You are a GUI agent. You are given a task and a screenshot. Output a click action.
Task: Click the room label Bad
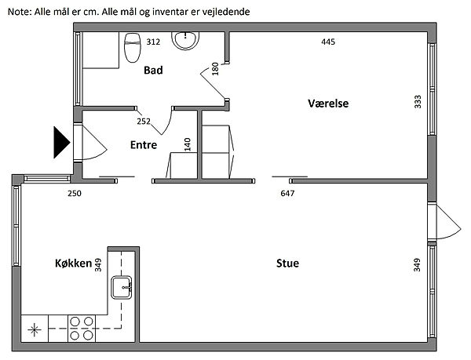point(153,71)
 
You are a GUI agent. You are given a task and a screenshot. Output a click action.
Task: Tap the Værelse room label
point(328,104)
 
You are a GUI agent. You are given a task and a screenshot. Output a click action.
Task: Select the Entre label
point(143,145)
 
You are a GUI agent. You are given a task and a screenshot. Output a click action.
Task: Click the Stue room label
point(287,264)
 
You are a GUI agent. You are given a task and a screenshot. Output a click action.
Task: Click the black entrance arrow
point(60,142)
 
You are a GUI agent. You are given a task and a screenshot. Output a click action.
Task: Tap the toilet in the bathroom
point(132,47)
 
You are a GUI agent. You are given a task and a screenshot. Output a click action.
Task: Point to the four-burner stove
point(81,328)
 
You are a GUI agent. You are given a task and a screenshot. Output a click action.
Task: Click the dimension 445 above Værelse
point(328,42)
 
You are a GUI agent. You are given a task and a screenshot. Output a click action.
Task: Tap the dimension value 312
point(153,42)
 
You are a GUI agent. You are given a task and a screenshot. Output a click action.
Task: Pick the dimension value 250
point(75,193)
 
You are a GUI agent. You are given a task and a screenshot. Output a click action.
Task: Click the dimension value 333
point(418,102)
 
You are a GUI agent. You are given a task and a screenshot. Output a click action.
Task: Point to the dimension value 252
point(144,122)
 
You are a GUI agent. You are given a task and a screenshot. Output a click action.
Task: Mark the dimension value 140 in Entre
point(188,145)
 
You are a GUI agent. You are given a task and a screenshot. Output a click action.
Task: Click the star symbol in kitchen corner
point(35,329)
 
